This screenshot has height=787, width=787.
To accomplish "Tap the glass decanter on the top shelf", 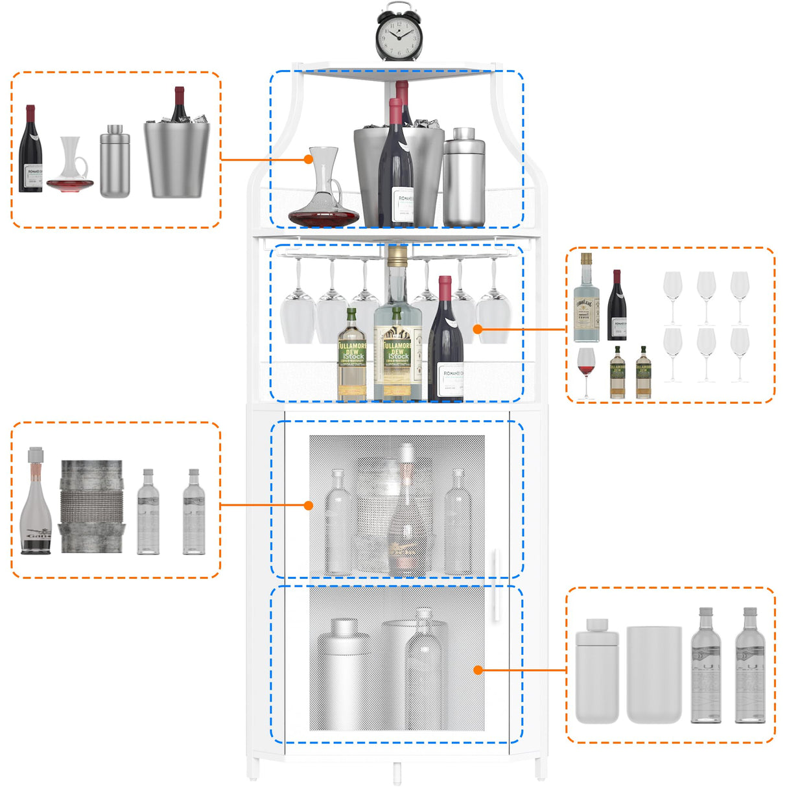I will click(x=323, y=191).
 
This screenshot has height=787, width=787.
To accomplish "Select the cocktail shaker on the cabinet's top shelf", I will click(x=464, y=178).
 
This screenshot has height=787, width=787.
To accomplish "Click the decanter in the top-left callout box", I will click(x=70, y=165).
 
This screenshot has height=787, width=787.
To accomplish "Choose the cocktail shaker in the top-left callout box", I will click(x=115, y=162).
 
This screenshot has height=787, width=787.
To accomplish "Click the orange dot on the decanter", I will click(x=309, y=159).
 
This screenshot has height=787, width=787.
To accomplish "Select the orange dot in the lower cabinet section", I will click(x=478, y=670).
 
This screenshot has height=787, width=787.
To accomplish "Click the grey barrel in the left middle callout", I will click(x=91, y=506).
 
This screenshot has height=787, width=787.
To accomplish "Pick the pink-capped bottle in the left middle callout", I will click(x=36, y=502).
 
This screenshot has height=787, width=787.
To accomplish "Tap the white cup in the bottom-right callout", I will click(x=654, y=674).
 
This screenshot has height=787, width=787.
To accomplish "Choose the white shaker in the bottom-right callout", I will click(x=597, y=671).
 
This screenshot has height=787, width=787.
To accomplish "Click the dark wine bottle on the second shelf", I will click(x=445, y=340).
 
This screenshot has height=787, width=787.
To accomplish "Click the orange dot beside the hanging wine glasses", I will click(x=478, y=329).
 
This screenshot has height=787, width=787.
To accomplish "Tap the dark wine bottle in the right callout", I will click(x=617, y=306).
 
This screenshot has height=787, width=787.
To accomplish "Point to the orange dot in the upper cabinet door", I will click(x=309, y=505).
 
